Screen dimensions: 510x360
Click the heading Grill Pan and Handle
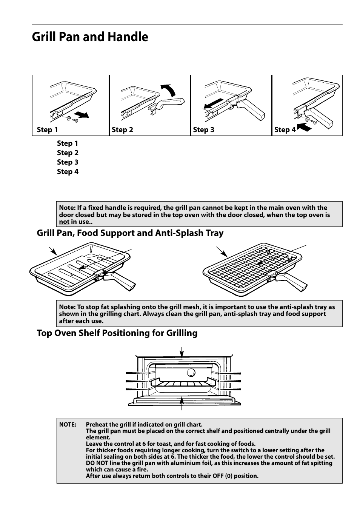coord(90,37)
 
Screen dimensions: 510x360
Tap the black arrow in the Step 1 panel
coord(82,114)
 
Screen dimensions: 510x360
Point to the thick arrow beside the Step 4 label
coord(304,128)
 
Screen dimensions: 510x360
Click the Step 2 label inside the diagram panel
coord(122,130)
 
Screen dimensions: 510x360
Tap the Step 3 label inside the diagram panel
coord(203,130)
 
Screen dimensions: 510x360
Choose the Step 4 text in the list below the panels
coord(68,172)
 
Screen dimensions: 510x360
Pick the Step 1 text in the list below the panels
coord(68,143)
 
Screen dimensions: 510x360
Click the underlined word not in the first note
coord(64,222)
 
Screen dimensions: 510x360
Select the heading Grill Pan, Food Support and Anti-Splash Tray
coord(130,233)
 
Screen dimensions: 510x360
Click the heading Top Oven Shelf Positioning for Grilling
coord(117,333)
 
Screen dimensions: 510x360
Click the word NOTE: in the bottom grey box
coord(68,425)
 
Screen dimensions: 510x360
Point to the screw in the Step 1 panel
coord(74,120)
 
